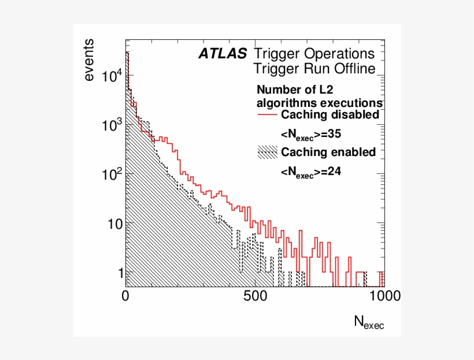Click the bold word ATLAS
tap(223, 54)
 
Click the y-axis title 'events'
tap(89, 61)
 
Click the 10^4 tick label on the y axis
tap(112, 75)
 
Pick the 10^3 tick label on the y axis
tap(112, 124)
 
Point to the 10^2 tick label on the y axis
tap(112, 173)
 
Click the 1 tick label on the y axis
tap(118, 272)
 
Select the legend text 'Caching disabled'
tap(329, 114)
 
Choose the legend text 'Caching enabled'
tap(328, 152)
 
